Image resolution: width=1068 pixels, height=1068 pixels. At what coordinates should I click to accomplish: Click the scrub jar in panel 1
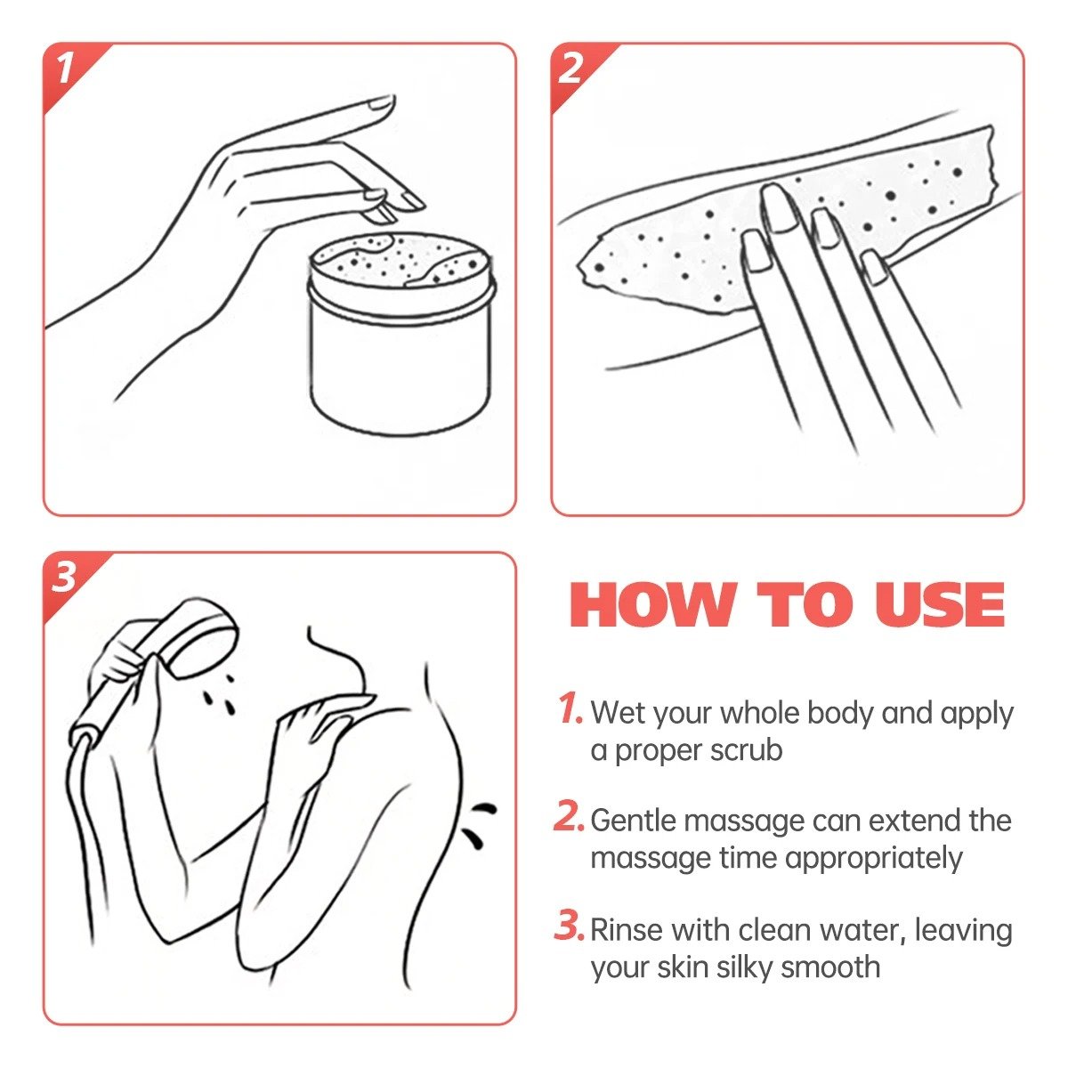pyautogui.click(x=400, y=333)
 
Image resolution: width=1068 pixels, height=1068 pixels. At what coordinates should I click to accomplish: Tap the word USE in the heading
pyautogui.click(x=940, y=604)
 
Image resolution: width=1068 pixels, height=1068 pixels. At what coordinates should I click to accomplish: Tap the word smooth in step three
pyautogui.click(x=830, y=967)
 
